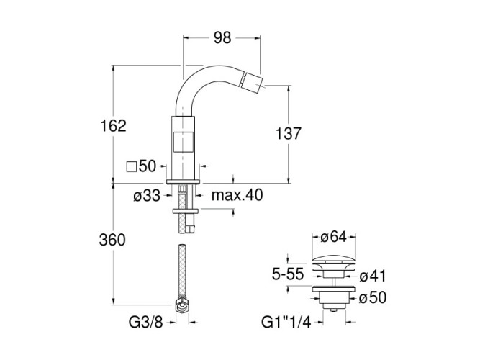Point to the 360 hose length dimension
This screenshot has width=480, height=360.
(112, 240)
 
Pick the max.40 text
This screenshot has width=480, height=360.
(237, 195)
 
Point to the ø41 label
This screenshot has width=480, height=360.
(373, 275)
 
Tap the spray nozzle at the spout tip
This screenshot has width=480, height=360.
(253, 78)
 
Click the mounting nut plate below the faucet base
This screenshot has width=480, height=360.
(185, 210)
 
